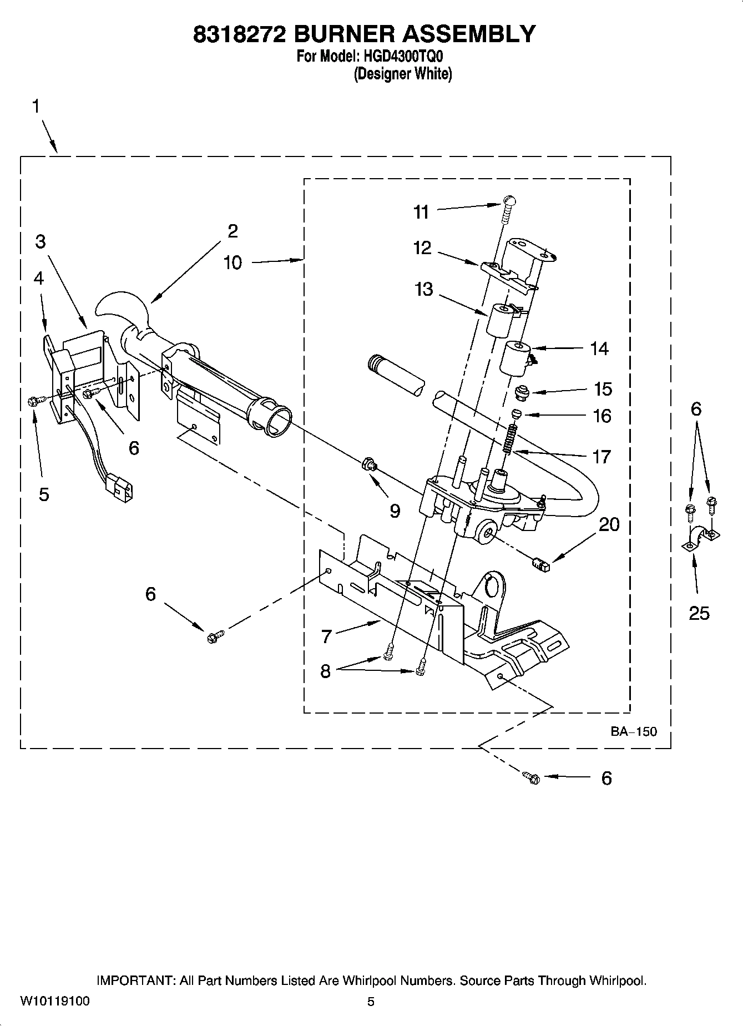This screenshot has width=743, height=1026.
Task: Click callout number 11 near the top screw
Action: (421, 212)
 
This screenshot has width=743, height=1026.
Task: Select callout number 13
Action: (423, 289)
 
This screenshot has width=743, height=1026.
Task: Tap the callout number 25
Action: (699, 613)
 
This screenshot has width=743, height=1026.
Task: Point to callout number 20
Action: (609, 524)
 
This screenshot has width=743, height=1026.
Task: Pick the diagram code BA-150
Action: (634, 731)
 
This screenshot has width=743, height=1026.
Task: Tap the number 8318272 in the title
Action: (240, 34)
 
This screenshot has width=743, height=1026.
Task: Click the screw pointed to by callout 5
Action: (32, 401)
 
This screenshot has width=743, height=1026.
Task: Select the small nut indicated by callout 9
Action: (368, 464)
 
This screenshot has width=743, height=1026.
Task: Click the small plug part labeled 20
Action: (540, 565)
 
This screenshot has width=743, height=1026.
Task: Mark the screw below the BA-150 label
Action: (532, 777)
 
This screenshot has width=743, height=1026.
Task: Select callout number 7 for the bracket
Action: (326, 636)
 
